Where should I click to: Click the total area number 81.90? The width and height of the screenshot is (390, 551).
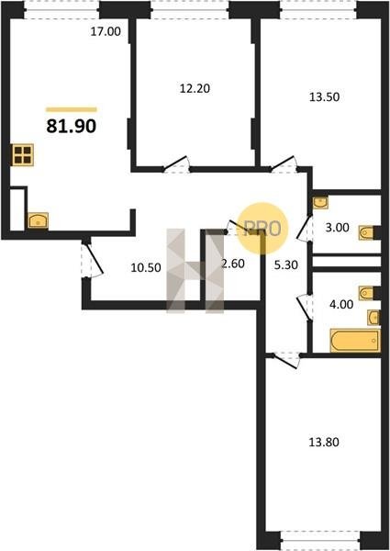(x=72, y=126)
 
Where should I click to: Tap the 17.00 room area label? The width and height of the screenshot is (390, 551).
(x=106, y=31)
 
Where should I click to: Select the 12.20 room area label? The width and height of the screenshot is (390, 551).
(x=195, y=88)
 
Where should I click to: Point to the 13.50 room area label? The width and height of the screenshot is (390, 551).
(x=324, y=96)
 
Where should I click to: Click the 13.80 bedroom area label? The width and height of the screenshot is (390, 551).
(x=324, y=442)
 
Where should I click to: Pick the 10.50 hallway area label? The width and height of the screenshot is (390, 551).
(x=146, y=268)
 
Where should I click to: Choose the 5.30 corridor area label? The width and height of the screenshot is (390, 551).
(x=286, y=265)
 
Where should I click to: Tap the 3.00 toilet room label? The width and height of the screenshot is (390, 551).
(x=337, y=228)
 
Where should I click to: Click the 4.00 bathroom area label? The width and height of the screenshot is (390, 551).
(x=341, y=304)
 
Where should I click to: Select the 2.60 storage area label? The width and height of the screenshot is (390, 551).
(x=233, y=264)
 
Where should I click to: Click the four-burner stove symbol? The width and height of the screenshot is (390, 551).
(x=23, y=155)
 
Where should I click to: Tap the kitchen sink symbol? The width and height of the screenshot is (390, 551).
(x=38, y=220)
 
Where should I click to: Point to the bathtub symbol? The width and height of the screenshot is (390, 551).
(x=355, y=340)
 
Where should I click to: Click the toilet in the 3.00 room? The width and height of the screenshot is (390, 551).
(x=366, y=232)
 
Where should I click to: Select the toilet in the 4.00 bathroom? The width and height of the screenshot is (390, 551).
(x=366, y=293)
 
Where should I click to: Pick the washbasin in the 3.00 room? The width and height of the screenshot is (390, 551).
(x=320, y=202)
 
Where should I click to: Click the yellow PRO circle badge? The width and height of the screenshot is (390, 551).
(x=262, y=228)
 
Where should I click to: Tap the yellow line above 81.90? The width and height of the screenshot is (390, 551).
(x=72, y=109)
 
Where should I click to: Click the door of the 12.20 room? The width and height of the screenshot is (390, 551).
(x=176, y=164)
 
